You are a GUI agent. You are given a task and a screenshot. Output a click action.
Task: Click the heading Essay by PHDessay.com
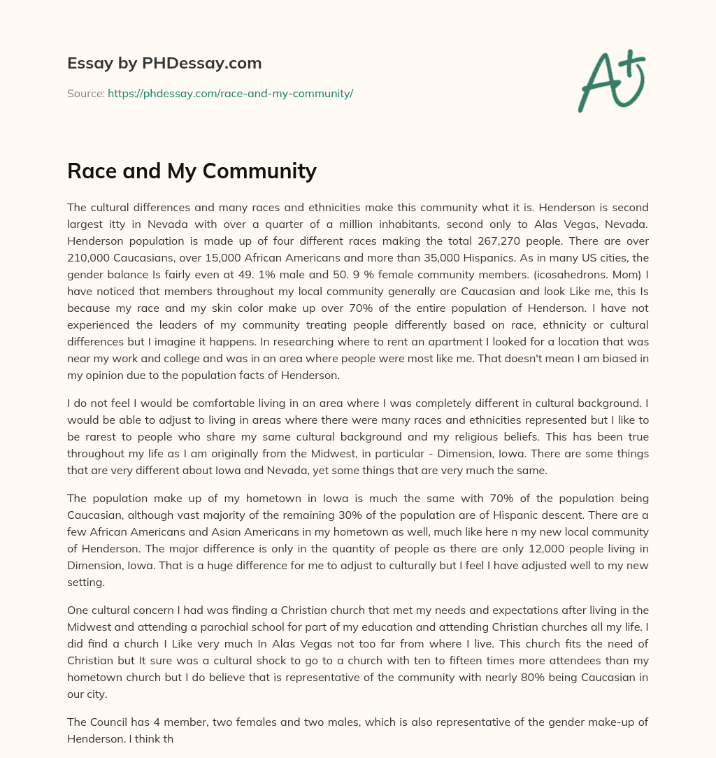click(164, 64)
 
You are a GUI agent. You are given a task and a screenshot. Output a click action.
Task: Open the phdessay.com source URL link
click(230, 93)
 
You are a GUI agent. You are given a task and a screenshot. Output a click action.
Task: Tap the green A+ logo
click(611, 80)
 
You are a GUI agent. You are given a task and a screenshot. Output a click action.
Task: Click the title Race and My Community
click(192, 171)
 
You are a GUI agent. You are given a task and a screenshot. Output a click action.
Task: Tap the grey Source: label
click(86, 93)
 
